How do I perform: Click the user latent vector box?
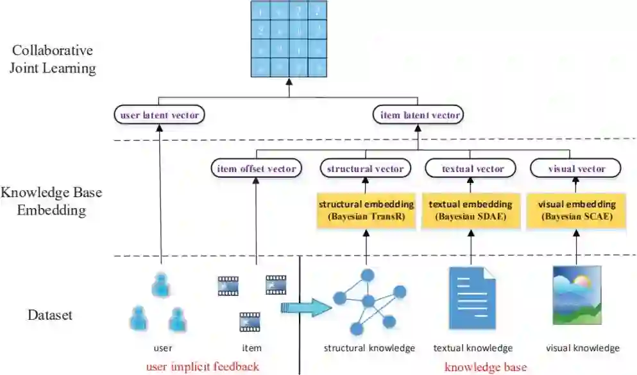[x=160, y=116]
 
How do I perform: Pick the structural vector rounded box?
[x=366, y=169]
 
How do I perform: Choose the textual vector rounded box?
[x=473, y=169]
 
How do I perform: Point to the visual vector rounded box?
[x=577, y=169]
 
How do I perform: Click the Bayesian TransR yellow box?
[x=365, y=211]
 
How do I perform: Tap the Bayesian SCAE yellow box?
[x=577, y=211]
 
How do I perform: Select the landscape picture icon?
[x=577, y=296]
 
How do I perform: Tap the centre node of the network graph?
[x=368, y=301]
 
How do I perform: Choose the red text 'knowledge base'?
[x=486, y=367]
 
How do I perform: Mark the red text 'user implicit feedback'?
[x=203, y=367]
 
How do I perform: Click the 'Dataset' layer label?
[x=50, y=315]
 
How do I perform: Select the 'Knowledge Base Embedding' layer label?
[x=51, y=200]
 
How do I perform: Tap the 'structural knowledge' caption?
[x=369, y=349]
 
